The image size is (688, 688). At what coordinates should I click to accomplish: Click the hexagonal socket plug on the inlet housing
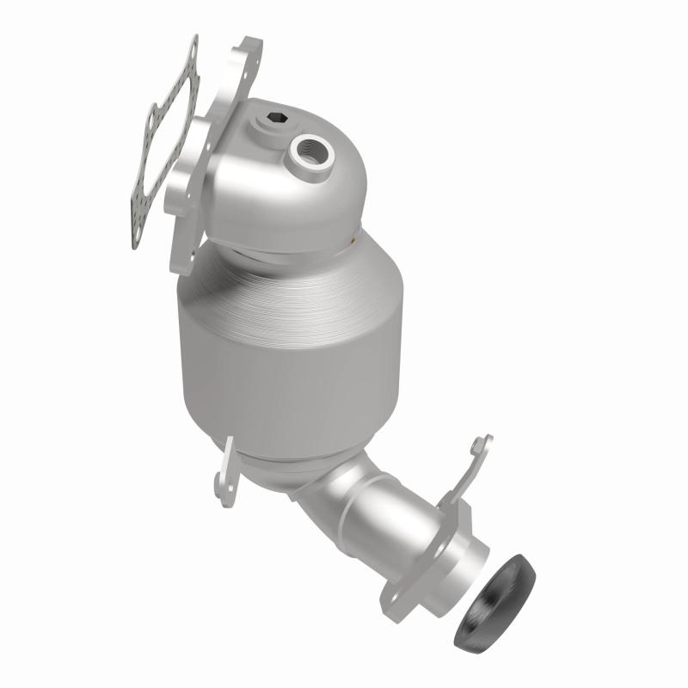272,118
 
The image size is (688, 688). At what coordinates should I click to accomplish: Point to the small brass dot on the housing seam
355,244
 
